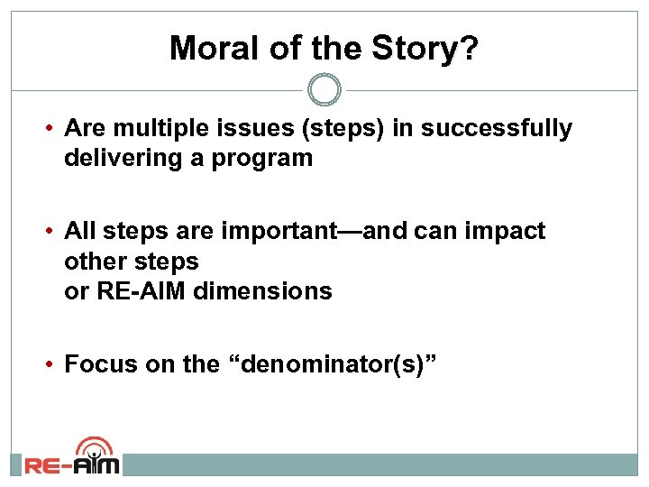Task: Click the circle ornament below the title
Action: pyautogui.click(x=324, y=89)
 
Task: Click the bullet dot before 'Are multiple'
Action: pyautogui.click(x=52, y=129)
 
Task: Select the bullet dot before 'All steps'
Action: pyautogui.click(x=52, y=232)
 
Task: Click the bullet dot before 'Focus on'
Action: pyautogui.click(x=52, y=364)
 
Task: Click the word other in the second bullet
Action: pyautogui.click(x=93, y=262)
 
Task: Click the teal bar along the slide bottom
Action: pyautogui.click(x=379, y=464)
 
